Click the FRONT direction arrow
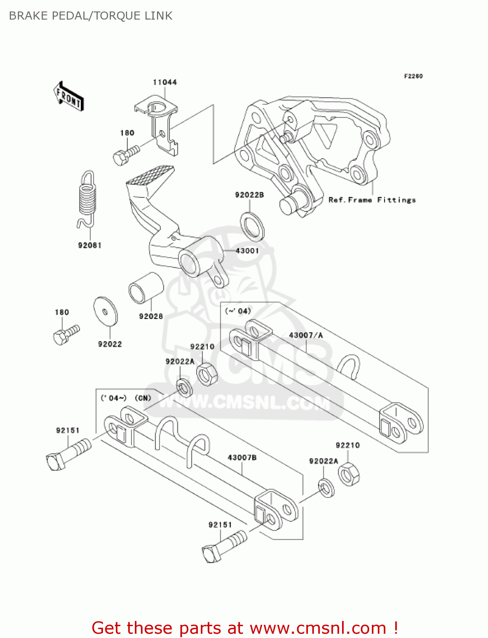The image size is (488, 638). coord(68,97)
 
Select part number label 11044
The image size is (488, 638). coord(165,82)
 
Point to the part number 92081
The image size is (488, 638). coord(90,245)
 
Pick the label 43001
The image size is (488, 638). coord(247,251)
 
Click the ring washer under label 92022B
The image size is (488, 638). coord(252,226)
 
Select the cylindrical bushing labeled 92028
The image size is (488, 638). coord(146,288)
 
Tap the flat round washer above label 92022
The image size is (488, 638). coord(106,311)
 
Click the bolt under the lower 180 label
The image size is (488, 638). coord(66,335)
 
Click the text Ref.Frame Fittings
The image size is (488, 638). coord(372,200)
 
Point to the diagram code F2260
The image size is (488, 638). coord(413,76)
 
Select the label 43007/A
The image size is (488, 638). coord(305,335)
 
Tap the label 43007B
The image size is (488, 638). coord(242,458)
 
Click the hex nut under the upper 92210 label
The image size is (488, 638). coord(207,374)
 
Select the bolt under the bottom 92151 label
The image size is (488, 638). coord(223,547)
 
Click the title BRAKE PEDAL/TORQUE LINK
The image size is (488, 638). coord(91,16)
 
